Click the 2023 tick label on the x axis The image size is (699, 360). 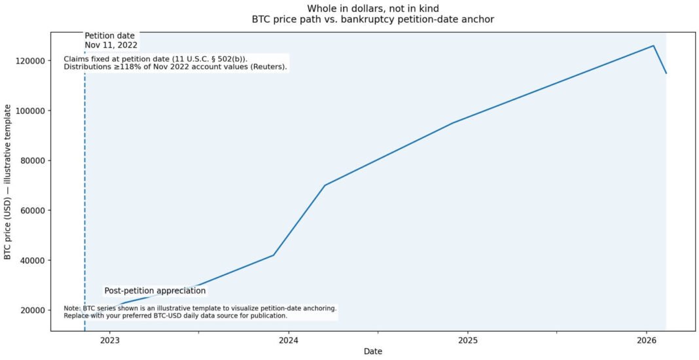(x=109, y=340)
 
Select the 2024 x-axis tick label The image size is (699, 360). (x=288, y=340)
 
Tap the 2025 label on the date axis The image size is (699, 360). (x=467, y=340)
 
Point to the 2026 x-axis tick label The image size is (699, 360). (x=646, y=340)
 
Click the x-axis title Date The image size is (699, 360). (x=372, y=351)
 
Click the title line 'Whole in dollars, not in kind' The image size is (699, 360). (x=372, y=8)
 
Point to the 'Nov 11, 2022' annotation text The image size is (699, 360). (x=111, y=45)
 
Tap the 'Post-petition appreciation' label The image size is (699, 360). (x=155, y=291)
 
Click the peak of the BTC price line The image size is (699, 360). (x=653, y=46)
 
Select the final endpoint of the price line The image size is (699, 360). (x=666, y=73)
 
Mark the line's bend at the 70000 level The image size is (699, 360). (x=325, y=185)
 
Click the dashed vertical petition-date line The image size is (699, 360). (x=84, y=196)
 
